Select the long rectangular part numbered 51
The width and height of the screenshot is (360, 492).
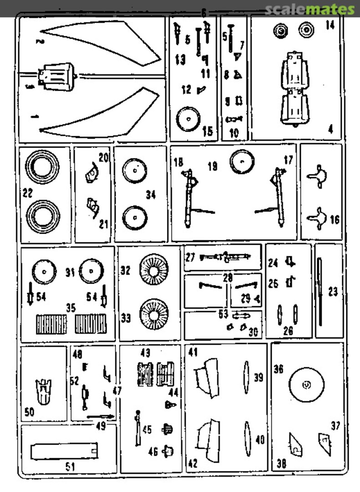point(64,452)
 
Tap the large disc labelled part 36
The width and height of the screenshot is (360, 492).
point(307,386)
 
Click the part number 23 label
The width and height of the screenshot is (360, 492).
point(333,292)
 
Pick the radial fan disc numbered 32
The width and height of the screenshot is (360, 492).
point(153,270)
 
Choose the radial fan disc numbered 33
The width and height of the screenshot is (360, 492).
point(153,314)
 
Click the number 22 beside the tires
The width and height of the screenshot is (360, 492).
point(28,194)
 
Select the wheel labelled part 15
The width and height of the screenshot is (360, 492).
point(188,119)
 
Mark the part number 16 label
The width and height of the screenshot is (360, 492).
point(335,220)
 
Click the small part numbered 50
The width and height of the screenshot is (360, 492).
point(44,391)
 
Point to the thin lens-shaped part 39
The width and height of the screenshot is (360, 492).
point(246,377)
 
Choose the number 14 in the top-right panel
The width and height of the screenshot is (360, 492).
point(330,26)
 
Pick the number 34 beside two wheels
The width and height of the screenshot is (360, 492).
point(151,195)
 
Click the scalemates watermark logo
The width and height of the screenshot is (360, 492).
point(309,9)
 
